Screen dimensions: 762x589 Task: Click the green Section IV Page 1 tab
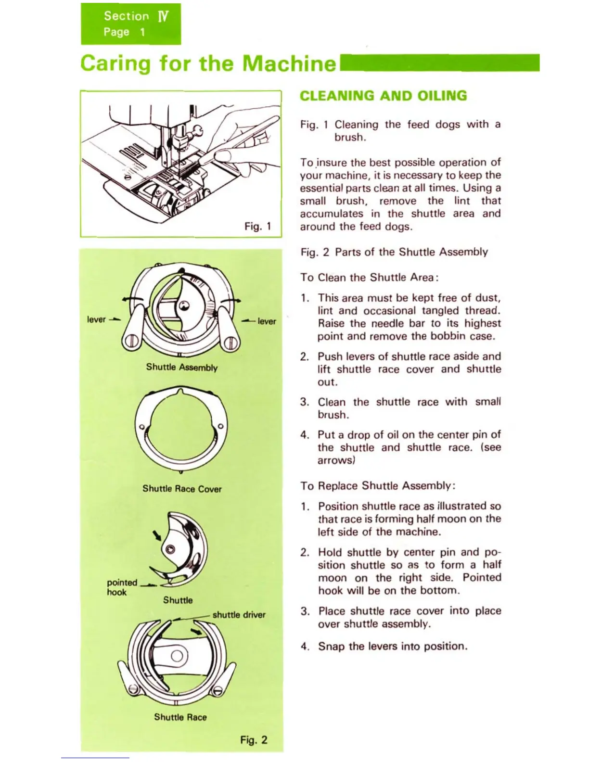pos(130,24)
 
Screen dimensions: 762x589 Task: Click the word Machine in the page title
pos(289,63)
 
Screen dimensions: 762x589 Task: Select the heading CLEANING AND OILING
pos(383,96)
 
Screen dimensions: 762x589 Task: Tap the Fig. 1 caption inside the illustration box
pos(258,226)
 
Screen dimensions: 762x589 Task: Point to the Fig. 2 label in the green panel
pos(254,740)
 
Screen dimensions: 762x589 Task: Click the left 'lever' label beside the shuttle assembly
pos(96,319)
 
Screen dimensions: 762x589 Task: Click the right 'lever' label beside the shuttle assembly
pos(267,321)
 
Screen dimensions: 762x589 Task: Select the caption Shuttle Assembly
pos(182,368)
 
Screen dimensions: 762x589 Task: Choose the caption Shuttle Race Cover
pos(182,489)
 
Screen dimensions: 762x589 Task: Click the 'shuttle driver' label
pos(239,615)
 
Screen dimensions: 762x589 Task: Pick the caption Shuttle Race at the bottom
pos(180,717)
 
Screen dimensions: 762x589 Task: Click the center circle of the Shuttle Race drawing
pos(177,655)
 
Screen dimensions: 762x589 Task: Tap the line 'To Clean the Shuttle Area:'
pos(369,278)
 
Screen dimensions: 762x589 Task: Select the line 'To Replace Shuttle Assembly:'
pos(378,486)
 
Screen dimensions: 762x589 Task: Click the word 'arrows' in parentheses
pos(336,460)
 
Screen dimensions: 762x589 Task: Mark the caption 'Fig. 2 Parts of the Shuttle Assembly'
pos(394,252)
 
